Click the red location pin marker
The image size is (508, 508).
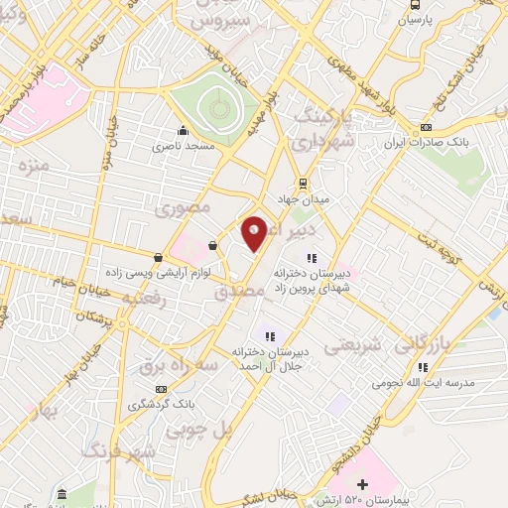tap(255, 232)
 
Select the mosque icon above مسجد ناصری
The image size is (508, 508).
tap(182, 131)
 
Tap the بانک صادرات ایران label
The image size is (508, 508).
tap(426, 142)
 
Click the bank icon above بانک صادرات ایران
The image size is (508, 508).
tap(426, 127)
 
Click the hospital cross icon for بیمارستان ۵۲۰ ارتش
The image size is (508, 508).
tap(363, 485)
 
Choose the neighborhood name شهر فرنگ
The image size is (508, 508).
tap(121, 452)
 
